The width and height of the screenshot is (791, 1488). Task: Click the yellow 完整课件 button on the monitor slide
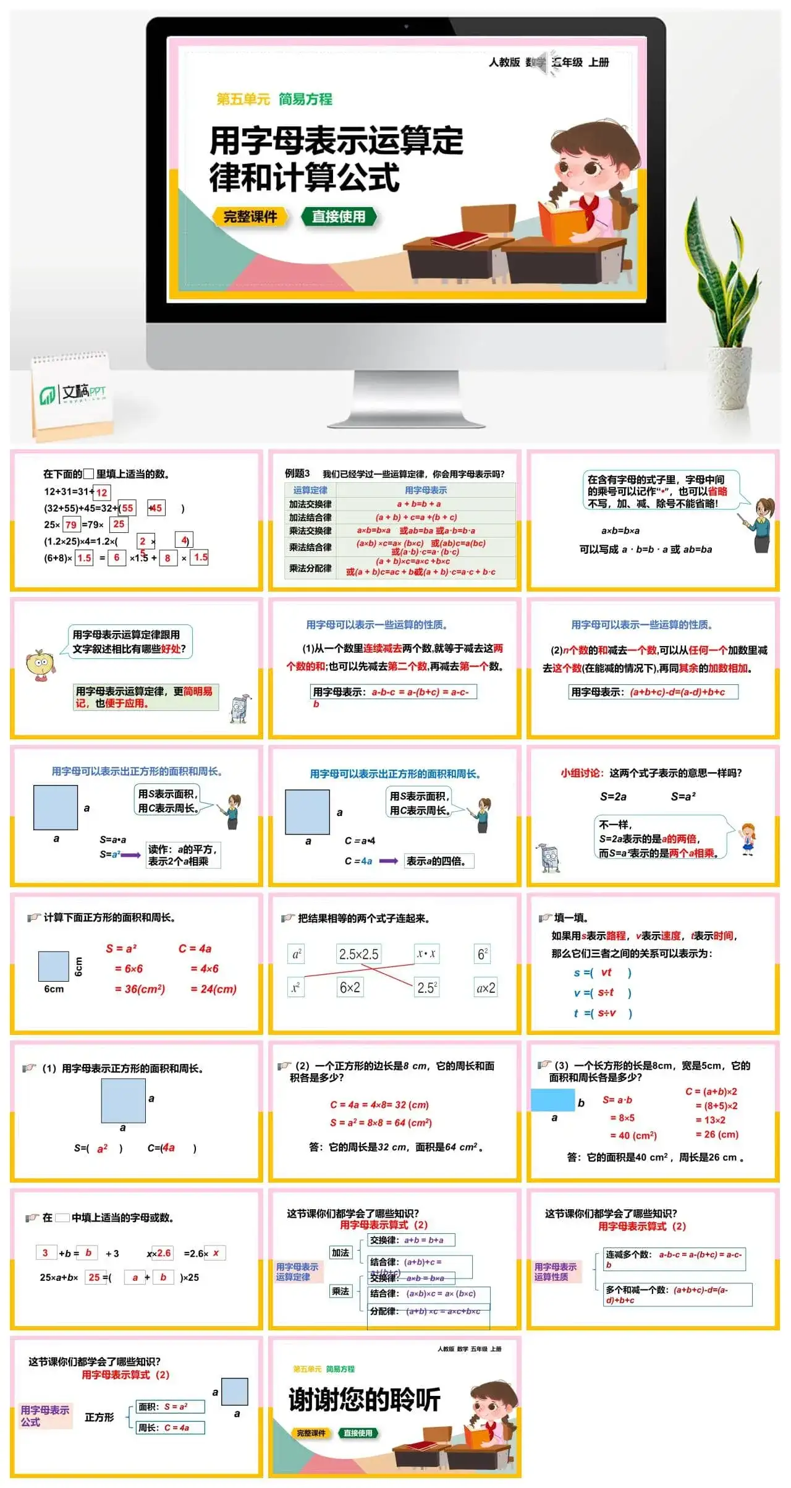250,217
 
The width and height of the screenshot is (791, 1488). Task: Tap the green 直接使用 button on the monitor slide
339,216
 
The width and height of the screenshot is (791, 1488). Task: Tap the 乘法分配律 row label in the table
310,568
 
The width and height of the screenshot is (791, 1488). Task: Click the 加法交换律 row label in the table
310,504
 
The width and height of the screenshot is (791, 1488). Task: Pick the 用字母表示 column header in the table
426,490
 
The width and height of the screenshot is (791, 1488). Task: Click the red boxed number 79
71,525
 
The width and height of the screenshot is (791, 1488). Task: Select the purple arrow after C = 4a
388,861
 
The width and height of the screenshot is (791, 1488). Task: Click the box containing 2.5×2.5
358,954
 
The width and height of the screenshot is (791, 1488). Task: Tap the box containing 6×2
350,987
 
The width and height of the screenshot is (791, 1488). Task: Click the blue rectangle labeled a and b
552,1100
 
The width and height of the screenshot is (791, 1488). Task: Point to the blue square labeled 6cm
54,966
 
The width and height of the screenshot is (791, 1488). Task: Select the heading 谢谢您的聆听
365,1400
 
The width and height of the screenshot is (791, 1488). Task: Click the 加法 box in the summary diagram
341,1252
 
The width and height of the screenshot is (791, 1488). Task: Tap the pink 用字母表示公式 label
45,1416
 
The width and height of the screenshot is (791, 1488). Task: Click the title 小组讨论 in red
581,773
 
